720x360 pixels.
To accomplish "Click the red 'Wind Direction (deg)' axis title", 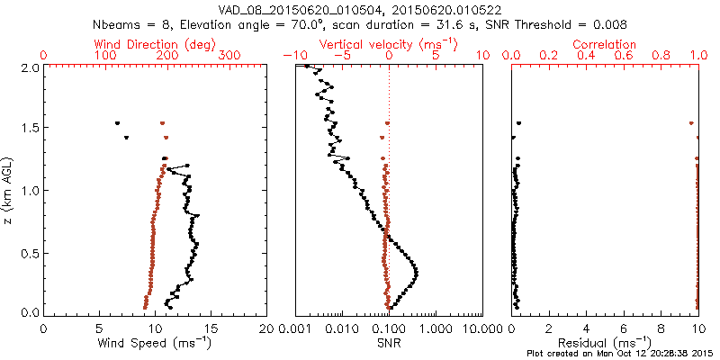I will (x=156, y=43).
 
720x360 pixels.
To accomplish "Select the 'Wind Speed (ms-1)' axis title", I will (x=156, y=343).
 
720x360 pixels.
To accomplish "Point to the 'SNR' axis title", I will (x=389, y=343).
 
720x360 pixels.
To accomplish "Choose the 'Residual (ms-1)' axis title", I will (x=604, y=343).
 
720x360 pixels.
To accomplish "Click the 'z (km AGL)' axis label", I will (x=11, y=190).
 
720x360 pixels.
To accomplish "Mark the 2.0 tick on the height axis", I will (x=29, y=67).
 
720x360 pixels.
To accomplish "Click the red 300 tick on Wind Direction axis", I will (x=229, y=56).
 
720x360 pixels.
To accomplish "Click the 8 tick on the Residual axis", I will (x=661, y=328).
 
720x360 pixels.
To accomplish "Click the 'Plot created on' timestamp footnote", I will (x=620, y=354).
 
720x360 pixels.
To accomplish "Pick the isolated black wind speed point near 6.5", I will (x=117, y=123).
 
